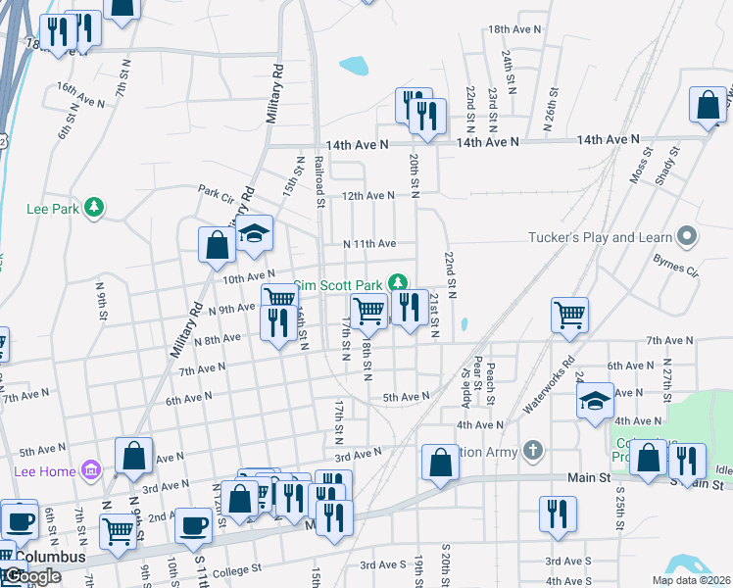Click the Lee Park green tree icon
94,207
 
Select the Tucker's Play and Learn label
600,237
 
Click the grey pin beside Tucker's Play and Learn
687,236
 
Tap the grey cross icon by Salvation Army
532,451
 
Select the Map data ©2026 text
691,580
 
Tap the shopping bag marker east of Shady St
708,107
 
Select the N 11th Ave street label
368,243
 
